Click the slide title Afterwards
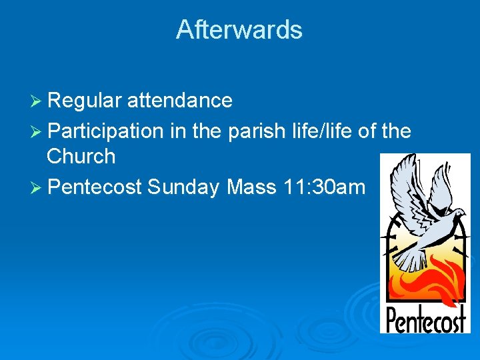(239, 30)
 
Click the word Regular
(85, 101)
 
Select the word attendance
(180, 101)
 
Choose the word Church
(81, 157)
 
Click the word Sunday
(184, 187)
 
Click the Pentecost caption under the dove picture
(425, 319)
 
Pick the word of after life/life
(368, 131)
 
